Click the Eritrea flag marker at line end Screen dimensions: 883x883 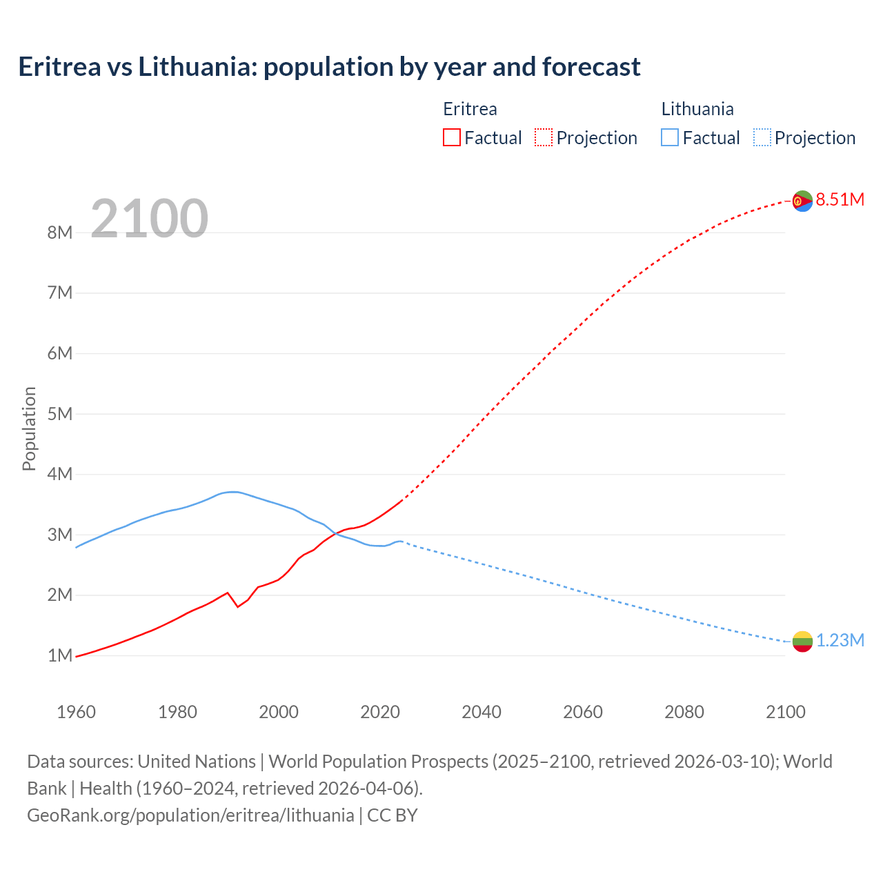pyautogui.click(x=802, y=201)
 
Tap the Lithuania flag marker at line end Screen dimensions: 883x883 pyautogui.click(x=802, y=642)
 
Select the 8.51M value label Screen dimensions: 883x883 pyautogui.click(x=840, y=200)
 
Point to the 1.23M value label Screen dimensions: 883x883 pyautogui.click(x=840, y=641)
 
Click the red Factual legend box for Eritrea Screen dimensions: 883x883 pyautogui.click(x=451, y=138)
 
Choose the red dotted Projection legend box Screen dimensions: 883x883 pyautogui.click(x=543, y=138)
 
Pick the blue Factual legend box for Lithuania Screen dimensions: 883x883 pyautogui.click(x=669, y=138)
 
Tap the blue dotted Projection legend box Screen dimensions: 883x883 pyautogui.click(x=762, y=138)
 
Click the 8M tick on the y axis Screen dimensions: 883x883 pyautogui.click(x=60, y=232)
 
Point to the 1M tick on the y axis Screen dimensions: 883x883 pyautogui.click(x=60, y=655)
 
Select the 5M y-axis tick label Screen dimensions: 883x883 pyautogui.click(x=60, y=414)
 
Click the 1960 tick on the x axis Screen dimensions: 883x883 pyautogui.click(x=76, y=712)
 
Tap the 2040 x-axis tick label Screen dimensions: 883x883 pyautogui.click(x=482, y=712)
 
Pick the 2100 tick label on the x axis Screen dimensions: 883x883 pyautogui.click(x=785, y=712)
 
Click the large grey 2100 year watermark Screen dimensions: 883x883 pyautogui.click(x=149, y=219)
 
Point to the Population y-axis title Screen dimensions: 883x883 pyautogui.click(x=29, y=428)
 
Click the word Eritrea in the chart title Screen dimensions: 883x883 pyautogui.click(x=59, y=67)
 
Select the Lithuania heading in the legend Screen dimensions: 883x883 pyautogui.click(x=697, y=109)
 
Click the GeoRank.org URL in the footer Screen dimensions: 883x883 pyautogui.click(x=190, y=815)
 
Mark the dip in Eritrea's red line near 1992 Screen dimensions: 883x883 pyautogui.click(x=237, y=606)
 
